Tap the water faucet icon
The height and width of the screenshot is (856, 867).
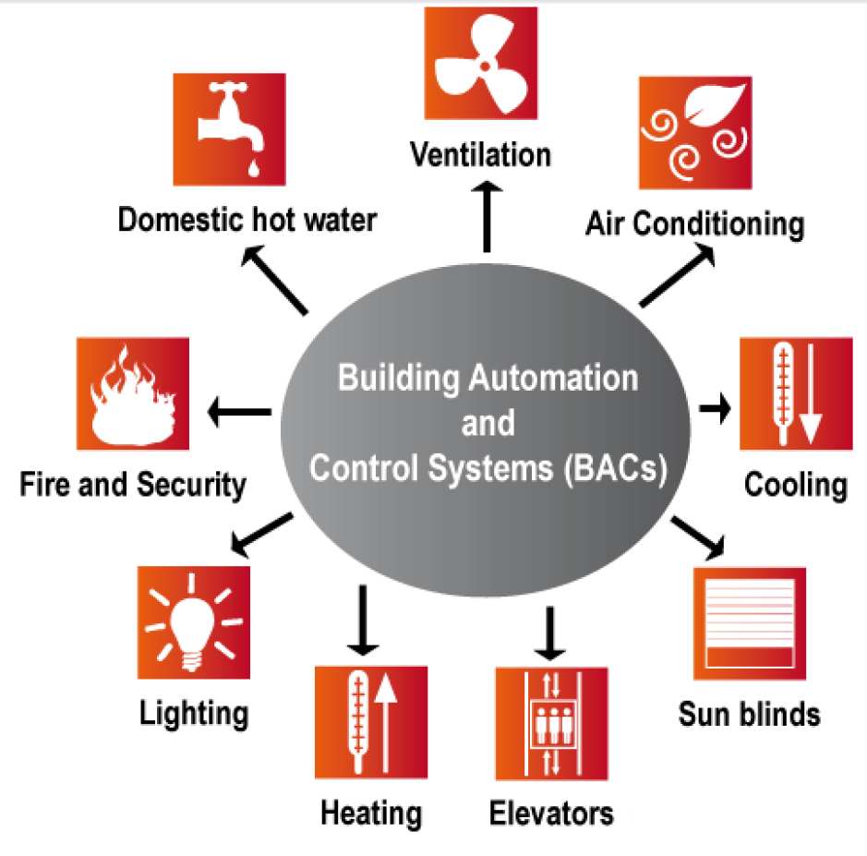tap(230, 127)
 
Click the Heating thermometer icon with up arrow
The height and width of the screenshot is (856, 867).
tap(370, 723)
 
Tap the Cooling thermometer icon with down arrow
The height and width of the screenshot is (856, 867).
tap(797, 394)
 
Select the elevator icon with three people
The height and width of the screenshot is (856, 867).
tap(551, 723)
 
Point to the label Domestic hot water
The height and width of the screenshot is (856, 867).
tap(247, 220)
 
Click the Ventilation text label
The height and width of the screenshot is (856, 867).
tap(481, 153)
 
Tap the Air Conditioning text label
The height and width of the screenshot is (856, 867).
tap(694, 223)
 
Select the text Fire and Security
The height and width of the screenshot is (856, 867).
tap(133, 484)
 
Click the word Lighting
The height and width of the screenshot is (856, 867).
tap(194, 713)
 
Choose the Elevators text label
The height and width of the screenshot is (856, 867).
tap(551, 814)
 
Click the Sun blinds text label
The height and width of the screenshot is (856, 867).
tap(749, 714)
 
